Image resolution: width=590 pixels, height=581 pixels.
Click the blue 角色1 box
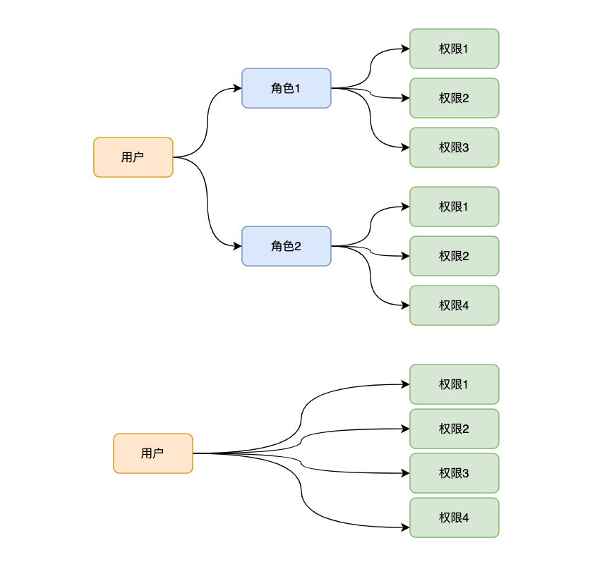tap(286, 88)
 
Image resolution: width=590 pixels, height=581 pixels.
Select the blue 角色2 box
tap(286, 246)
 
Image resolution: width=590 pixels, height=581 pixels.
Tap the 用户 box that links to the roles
tap(133, 157)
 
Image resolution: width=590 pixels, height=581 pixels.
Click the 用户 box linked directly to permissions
tap(152, 453)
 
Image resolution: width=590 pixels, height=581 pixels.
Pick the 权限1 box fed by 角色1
tap(454, 49)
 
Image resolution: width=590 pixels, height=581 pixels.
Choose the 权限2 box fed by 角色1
tap(454, 98)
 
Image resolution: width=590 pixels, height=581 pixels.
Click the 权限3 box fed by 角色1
tap(454, 147)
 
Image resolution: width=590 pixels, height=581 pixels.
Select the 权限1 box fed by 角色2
tap(454, 207)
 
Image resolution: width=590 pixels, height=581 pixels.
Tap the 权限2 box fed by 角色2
tap(454, 256)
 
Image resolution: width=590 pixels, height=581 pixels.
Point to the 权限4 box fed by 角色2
tap(454, 305)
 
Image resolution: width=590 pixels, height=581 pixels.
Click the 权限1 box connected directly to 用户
tap(454, 384)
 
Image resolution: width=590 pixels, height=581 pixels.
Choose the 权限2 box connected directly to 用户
tap(454, 429)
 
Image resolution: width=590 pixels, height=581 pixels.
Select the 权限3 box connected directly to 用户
tap(454, 473)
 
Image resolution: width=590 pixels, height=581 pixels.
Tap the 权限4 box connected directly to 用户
tap(454, 518)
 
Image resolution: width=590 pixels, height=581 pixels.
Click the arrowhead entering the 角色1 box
tap(237, 88)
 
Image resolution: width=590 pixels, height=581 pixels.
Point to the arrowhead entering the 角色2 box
tap(237, 246)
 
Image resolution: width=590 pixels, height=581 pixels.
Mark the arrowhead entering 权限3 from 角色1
tap(405, 147)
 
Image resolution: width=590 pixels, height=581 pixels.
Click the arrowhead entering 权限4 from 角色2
tap(405, 305)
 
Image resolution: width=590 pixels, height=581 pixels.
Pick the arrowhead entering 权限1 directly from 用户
tap(405, 384)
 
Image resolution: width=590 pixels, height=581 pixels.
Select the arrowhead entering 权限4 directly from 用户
tap(405, 527)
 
